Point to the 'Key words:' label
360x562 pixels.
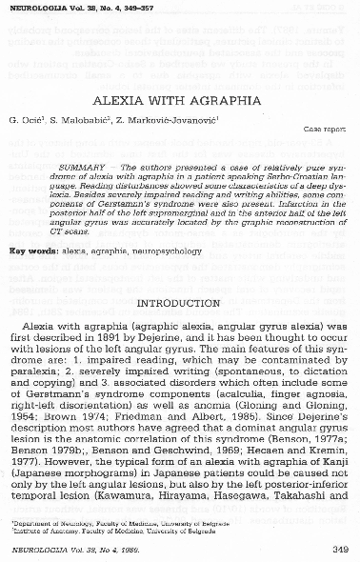pos(36,250)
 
